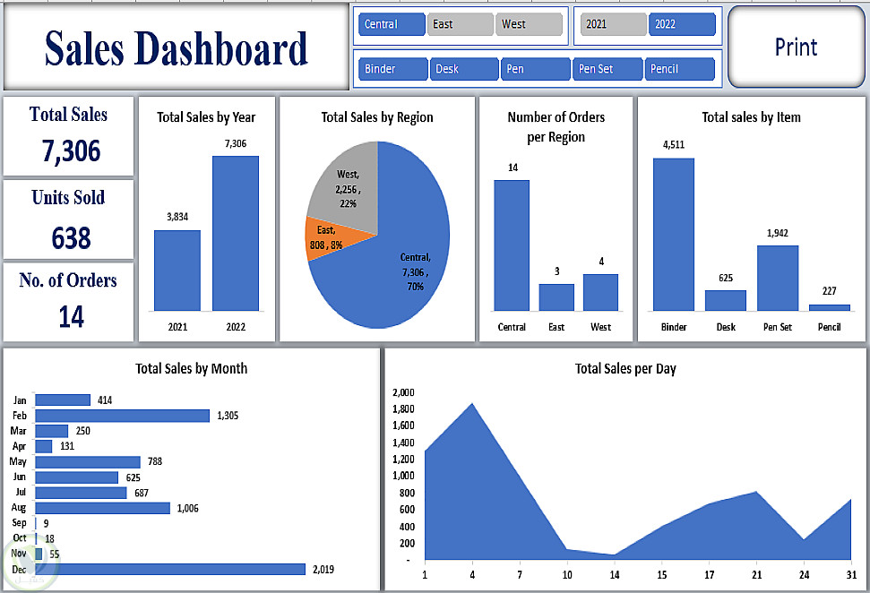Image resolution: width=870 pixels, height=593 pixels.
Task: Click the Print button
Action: tap(797, 47)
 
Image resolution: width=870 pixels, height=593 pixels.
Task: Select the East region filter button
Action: tap(460, 24)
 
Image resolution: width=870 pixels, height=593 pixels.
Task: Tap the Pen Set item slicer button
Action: tap(608, 69)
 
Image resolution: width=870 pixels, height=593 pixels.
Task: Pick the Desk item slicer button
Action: tap(464, 69)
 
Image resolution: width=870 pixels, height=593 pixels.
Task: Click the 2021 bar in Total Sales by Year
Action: tap(177, 270)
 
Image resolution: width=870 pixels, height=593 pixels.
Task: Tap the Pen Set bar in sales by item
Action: tap(777, 278)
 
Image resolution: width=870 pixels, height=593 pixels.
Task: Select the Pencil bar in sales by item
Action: tap(829, 307)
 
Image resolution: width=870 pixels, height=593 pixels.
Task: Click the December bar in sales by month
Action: tap(169, 569)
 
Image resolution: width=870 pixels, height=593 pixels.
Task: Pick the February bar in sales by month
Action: tap(122, 416)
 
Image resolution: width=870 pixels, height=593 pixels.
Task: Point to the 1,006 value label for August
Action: tap(187, 508)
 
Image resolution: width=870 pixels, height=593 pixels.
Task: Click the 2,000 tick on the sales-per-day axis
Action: tap(403, 392)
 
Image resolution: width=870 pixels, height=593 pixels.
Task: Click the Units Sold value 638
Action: tap(71, 238)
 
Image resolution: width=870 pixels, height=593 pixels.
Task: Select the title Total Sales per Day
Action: tap(625, 368)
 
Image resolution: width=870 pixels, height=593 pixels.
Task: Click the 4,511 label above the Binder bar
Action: tap(674, 144)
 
